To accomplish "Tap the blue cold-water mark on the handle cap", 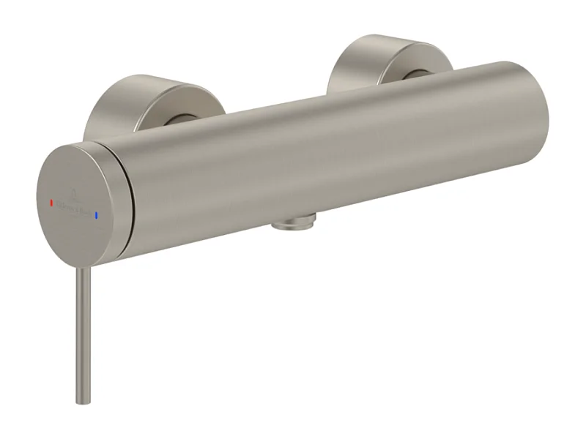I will pos(95,214).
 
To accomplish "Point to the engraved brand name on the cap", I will pos(73,207).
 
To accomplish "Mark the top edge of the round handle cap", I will pos(81,146).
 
